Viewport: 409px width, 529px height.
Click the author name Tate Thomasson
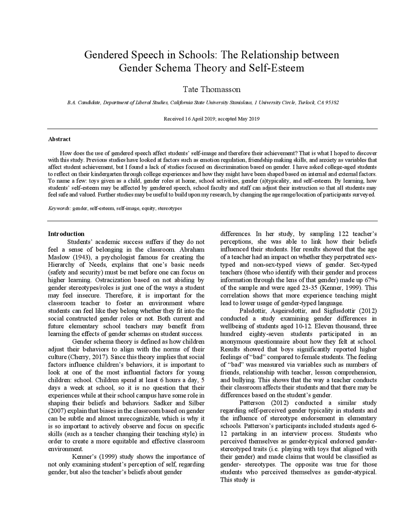(211, 89)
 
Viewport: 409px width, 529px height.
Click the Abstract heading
(59, 139)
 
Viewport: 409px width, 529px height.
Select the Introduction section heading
(66, 234)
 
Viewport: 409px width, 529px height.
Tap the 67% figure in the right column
(371, 280)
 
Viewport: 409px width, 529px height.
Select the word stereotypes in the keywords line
(170, 208)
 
